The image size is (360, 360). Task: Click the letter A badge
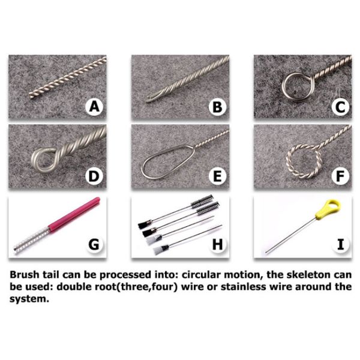click(x=94, y=107)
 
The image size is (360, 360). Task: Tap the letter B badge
click(x=217, y=107)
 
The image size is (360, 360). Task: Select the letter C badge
click(x=340, y=107)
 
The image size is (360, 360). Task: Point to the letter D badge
click(x=94, y=176)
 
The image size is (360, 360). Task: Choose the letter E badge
click(x=217, y=176)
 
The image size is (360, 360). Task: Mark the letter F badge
click(x=340, y=176)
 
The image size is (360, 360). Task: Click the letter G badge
click(x=94, y=244)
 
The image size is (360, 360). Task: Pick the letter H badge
click(x=217, y=244)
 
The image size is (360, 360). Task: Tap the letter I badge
click(x=340, y=244)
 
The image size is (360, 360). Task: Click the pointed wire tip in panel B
click(x=147, y=101)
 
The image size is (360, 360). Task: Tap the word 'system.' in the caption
click(x=29, y=299)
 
